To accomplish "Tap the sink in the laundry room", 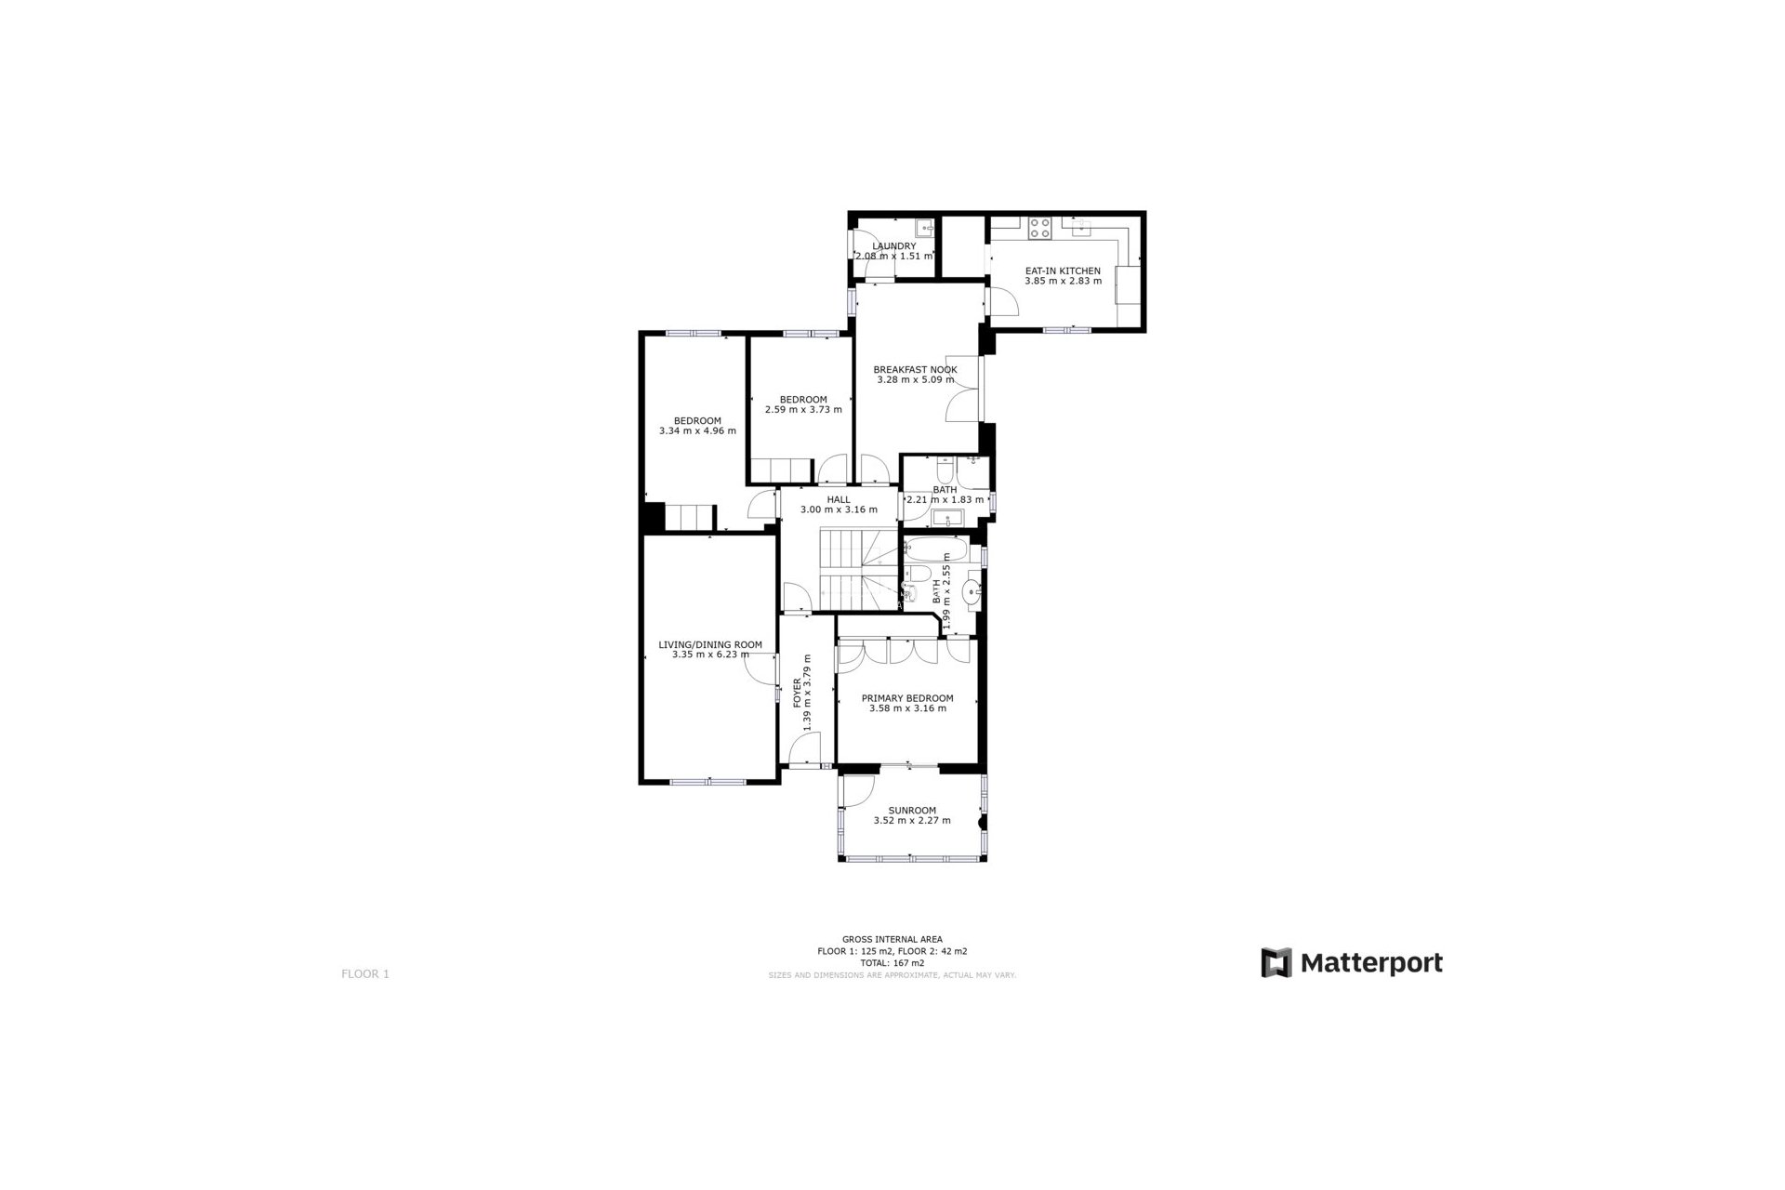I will pos(924,226).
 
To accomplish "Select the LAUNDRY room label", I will pos(893,246).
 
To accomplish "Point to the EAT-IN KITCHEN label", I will pos(1063,271).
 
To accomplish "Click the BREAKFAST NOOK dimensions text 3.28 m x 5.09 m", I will pos(915,379).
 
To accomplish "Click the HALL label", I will pos(839,499).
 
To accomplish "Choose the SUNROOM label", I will pos(911,811).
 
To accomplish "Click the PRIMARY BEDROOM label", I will pos(907,698).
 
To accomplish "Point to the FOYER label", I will pos(797,694).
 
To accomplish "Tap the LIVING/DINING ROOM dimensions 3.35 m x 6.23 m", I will pos(710,654).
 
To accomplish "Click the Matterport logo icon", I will pos(1276,962).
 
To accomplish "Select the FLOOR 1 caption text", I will pos(365,974).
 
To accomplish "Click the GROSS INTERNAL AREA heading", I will pos(892,940).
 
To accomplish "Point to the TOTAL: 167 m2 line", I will pos(892,963).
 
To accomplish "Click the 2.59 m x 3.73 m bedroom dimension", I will pos(803,409).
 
